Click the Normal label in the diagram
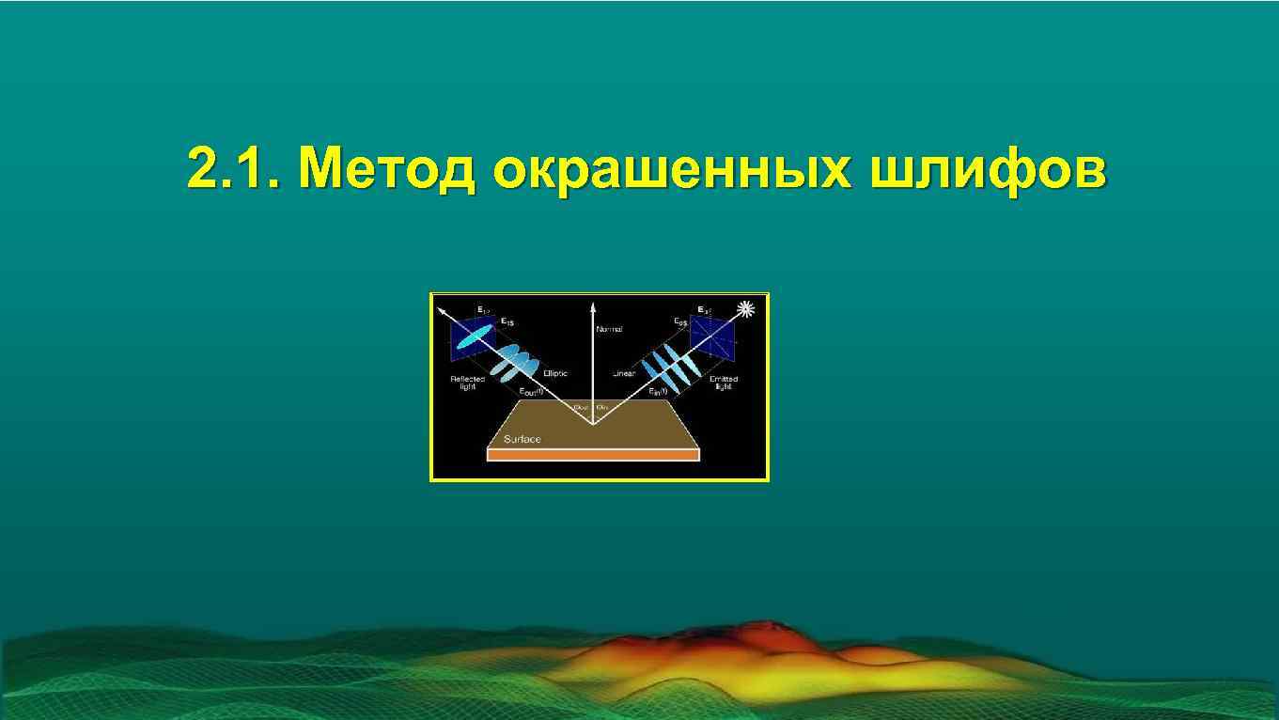(609, 330)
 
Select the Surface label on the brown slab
(523, 439)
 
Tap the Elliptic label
(555, 373)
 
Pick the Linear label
(624, 373)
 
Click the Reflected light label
(467, 383)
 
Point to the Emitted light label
(724, 383)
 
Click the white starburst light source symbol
(746, 307)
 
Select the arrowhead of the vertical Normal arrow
(593, 305)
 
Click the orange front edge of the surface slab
(593, 455)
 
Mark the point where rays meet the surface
(593, 424)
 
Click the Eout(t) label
(532, 391)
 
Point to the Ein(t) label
(657, 391)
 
